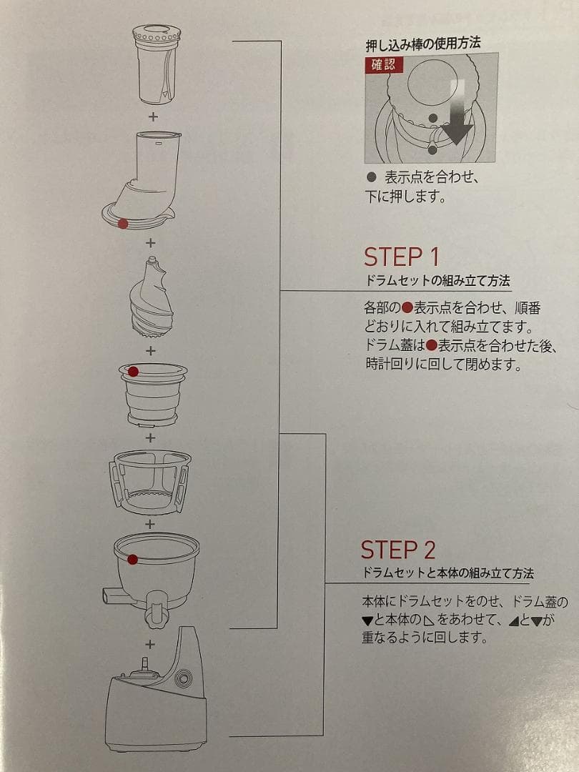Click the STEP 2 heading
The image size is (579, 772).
(x=398, y=550)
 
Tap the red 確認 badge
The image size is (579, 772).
(x=383, y=64)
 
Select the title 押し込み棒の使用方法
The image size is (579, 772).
(x=422, y=44)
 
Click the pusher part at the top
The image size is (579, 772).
(x=157, y=64)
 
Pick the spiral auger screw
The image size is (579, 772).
(x=151, y=301)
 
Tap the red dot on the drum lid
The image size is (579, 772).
(x=123, y=224)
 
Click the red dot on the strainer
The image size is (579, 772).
(x=133, y=370)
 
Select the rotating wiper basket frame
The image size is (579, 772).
(x=149, y=480)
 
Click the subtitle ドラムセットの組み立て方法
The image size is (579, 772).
(x=435, y=280)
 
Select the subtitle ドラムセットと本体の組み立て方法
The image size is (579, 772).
(x=447, y=573)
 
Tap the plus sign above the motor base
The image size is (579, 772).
(x=150, y=644)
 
